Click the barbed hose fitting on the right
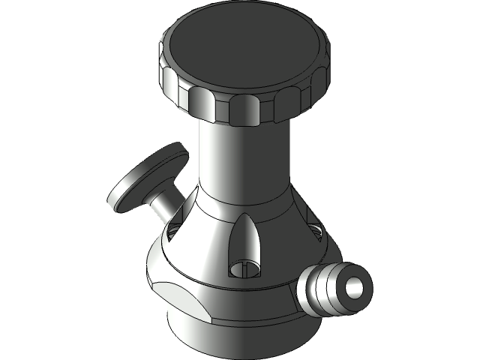pyautogui.click(x=334, y=289)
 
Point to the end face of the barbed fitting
pyautogui.click(x=353, y=286)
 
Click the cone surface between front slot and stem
pyautogui.click(x=206, y=240)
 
